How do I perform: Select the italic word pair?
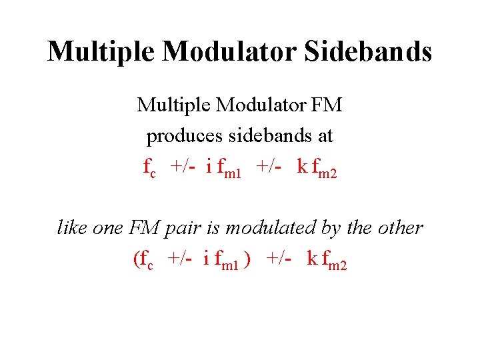tap(187, 227)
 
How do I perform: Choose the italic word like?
tap(71, 227)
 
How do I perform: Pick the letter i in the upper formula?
tap(209, 167)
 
